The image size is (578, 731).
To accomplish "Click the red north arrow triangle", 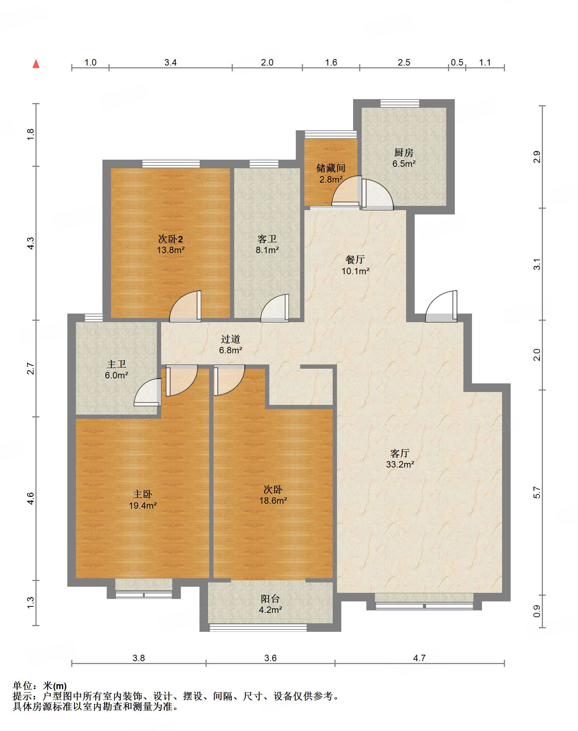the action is [36, 64].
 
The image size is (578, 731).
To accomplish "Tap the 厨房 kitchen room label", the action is [404, 153].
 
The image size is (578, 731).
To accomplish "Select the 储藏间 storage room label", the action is [331, 168].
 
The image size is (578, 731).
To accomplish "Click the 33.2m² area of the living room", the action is [400, 465].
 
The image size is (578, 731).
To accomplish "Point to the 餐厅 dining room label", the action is [355, 260].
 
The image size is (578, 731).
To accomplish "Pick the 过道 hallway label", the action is [230, 339].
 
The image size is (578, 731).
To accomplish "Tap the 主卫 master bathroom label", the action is [116, 364].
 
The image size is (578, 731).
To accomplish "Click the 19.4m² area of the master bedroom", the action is [143, 505].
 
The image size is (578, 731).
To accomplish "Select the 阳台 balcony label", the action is [270, 599].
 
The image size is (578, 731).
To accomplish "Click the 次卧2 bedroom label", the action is [170, 239].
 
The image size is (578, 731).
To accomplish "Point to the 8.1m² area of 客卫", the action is [267, 250].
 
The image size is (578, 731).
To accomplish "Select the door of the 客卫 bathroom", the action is [275, 308].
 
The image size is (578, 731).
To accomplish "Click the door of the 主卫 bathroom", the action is [148, 392].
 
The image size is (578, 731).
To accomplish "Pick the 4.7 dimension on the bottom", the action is [419, 658].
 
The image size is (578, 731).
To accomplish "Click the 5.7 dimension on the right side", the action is [536, 493].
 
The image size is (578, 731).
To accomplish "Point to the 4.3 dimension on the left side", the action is [31, 243].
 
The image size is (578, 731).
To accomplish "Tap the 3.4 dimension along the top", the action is [170, 62].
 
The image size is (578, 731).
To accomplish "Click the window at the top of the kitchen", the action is [400, 103].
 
